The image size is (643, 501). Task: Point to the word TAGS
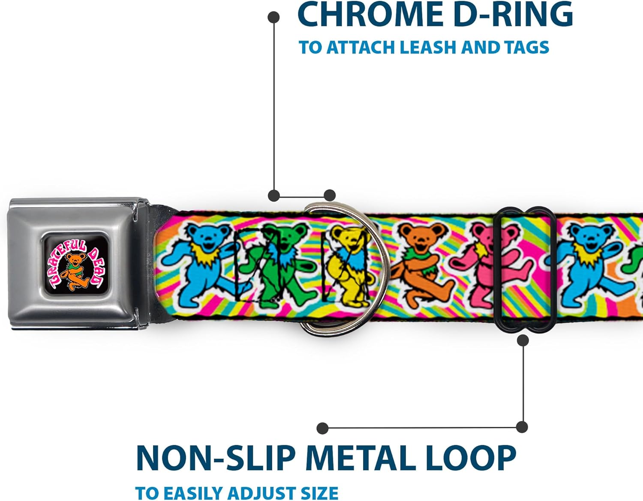tap(526, 47)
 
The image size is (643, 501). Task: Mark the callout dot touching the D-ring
tap(329, 196)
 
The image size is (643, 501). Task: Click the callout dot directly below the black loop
tap(523, 340)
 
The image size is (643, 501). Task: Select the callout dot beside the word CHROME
tap(273, 17)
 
